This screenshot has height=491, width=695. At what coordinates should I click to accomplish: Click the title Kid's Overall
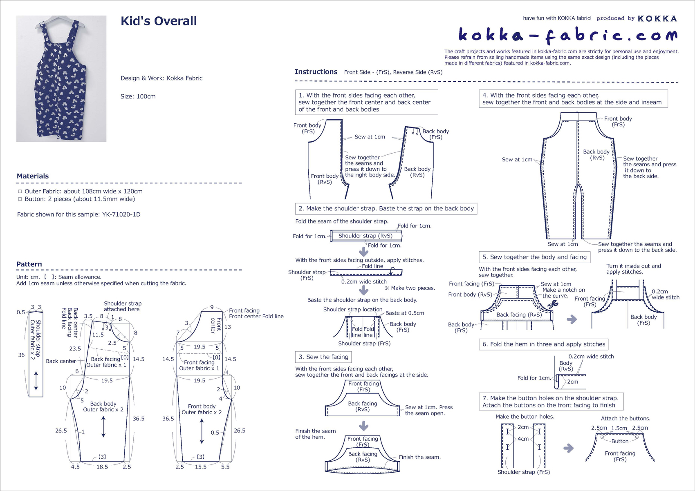point(159,21)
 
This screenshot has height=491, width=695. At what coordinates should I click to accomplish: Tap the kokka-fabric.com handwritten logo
point(568,36)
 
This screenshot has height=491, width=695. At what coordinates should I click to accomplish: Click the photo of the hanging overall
point(61,79)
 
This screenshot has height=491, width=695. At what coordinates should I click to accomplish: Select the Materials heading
point(33,176)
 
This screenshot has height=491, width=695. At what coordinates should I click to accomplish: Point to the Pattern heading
point(29,264)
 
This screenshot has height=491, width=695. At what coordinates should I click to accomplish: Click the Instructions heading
point(316,71)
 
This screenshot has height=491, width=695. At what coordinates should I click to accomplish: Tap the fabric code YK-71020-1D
point(121,214)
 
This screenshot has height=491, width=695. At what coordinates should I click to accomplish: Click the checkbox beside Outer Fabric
point(20,192)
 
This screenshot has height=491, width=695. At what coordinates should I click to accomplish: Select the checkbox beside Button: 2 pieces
point(20,199)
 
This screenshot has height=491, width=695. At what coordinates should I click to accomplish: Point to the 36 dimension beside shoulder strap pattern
point(21,355)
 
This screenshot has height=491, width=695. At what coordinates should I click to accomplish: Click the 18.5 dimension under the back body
point(102,467)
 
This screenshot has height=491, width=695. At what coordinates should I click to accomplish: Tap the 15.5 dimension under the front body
point(200,467)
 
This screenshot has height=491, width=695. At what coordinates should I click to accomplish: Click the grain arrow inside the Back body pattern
point(103,426)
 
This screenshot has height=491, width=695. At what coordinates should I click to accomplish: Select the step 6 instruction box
point(544,344)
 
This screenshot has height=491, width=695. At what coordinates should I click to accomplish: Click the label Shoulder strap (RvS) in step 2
point(365,236)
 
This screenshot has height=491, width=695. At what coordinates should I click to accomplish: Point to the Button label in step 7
point(620,441)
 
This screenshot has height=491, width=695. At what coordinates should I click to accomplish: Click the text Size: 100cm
point(138,96)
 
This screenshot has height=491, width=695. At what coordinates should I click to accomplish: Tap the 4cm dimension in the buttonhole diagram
point(523,439)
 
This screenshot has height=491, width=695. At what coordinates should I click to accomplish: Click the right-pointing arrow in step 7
point(568,448)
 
